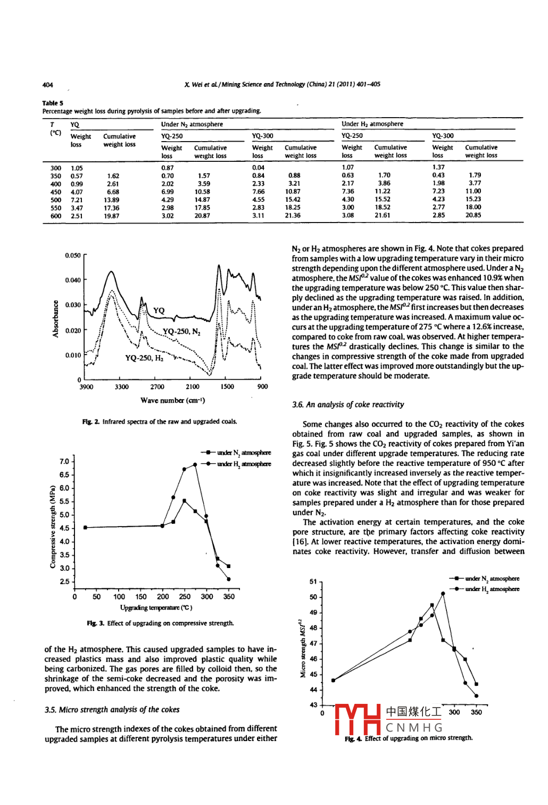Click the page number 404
47,85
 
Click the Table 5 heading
53,103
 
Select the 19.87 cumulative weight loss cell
112,216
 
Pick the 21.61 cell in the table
382,216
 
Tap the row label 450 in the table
55,192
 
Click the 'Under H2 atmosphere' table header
372,124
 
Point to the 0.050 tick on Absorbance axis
73,256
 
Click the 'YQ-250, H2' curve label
144,358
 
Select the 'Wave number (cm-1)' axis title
172,400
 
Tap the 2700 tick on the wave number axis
157,387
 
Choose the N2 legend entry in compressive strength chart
237,453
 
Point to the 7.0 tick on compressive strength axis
64,462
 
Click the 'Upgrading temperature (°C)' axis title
156,607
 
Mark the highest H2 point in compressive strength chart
195,464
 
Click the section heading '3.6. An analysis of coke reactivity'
348,405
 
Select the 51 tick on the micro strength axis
313,582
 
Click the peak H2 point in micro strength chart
443,593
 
